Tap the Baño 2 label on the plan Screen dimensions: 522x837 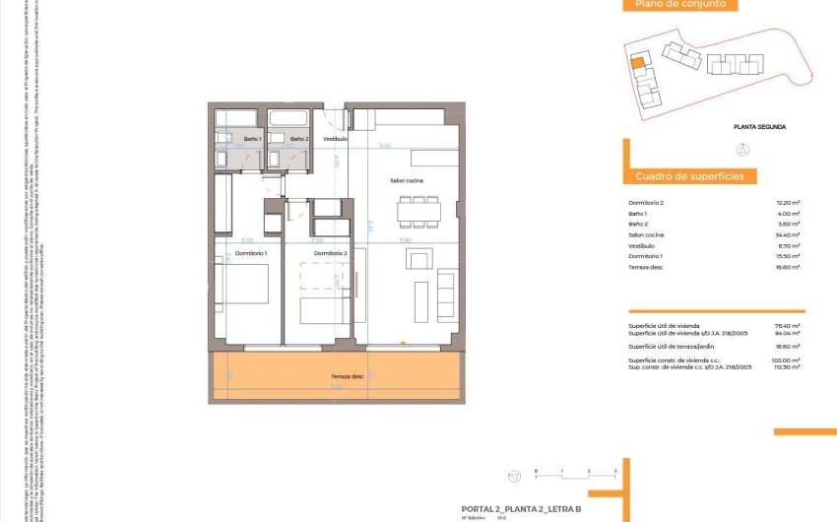(x=300, y=140)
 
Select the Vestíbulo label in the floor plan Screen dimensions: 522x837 (x=336, y=140)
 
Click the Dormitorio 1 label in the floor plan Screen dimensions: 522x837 (x=250, y=253)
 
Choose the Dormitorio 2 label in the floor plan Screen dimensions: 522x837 (x=331, y=253)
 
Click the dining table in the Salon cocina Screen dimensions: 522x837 (x=418, y=211)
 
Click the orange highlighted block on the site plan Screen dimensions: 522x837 (x=637, y=64)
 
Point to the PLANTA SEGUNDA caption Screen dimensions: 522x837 (x=760, y=127)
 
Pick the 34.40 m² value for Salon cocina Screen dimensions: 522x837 (x=788, y=234)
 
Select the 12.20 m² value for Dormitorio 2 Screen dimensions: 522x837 (x=788, y=202)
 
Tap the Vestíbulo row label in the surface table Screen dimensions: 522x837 (x=641, y=245)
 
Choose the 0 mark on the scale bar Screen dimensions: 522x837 (x=535, y=473)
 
